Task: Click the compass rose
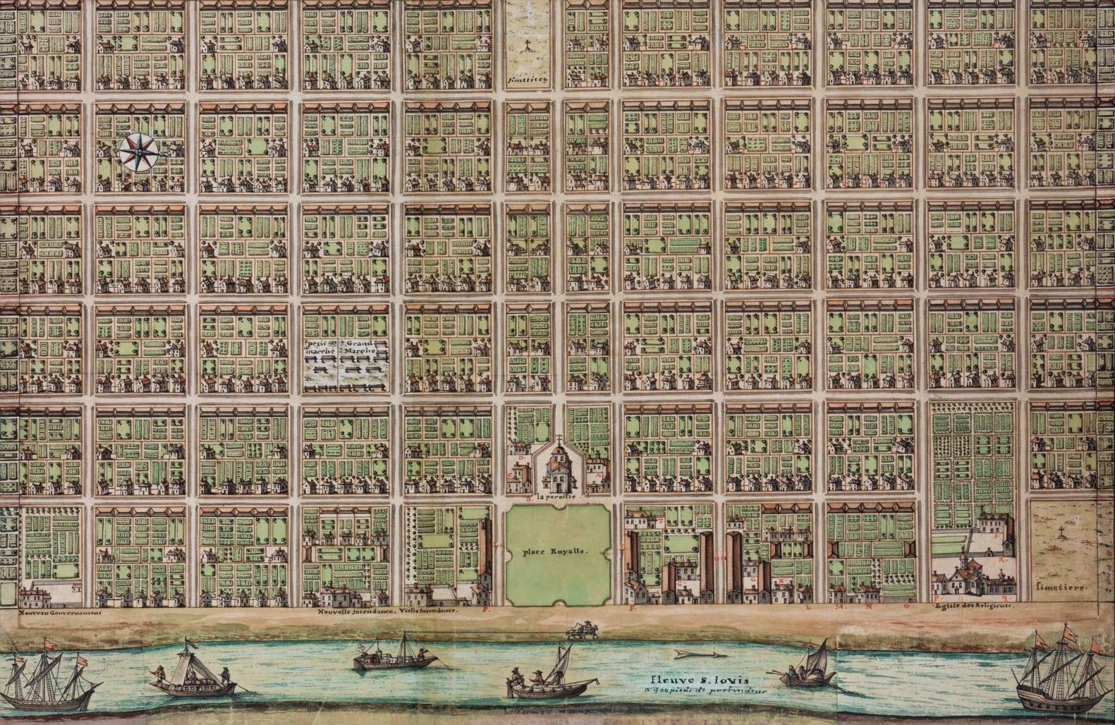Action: [x=142, y=151]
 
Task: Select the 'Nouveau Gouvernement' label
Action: [x=61, y=613]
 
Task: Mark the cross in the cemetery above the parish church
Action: [x=528, y=47]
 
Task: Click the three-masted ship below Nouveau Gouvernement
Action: [x=52, y=680]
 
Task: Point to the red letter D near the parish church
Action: [x=520, y=458]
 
